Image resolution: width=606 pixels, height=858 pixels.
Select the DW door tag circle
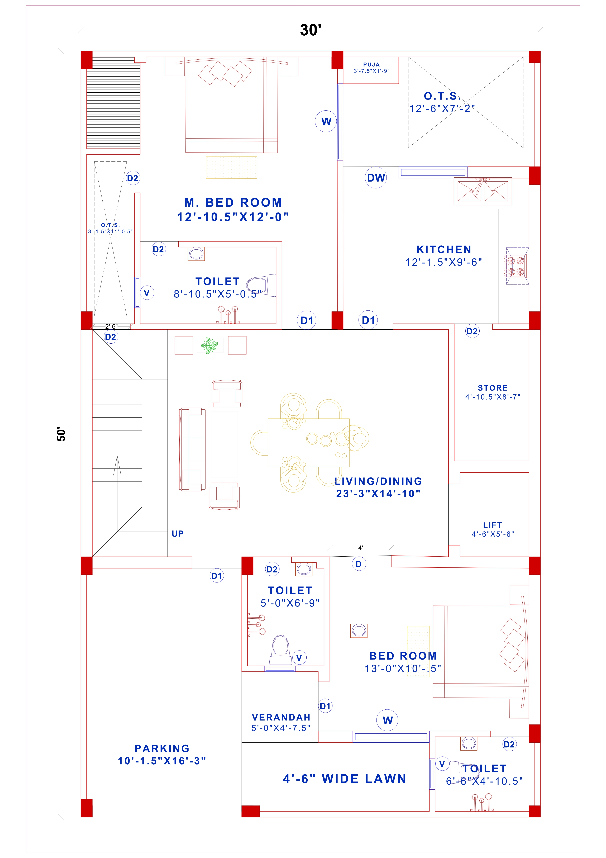(x=375, y=178)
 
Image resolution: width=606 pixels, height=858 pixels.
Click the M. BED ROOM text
(x=233, y=203)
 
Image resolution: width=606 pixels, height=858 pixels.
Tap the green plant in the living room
(x=209, y=345)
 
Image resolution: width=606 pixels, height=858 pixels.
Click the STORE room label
(x=492, y=388)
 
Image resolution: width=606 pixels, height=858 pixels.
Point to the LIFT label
(x=492, y=525)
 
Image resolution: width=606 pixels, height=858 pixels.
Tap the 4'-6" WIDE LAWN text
(x=345, y=779)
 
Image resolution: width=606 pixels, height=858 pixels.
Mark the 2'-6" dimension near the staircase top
(x=111, y=326)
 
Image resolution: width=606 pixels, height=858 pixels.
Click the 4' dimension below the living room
(x=360, y=548)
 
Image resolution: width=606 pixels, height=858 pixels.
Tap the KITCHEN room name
(x=443, y=250)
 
